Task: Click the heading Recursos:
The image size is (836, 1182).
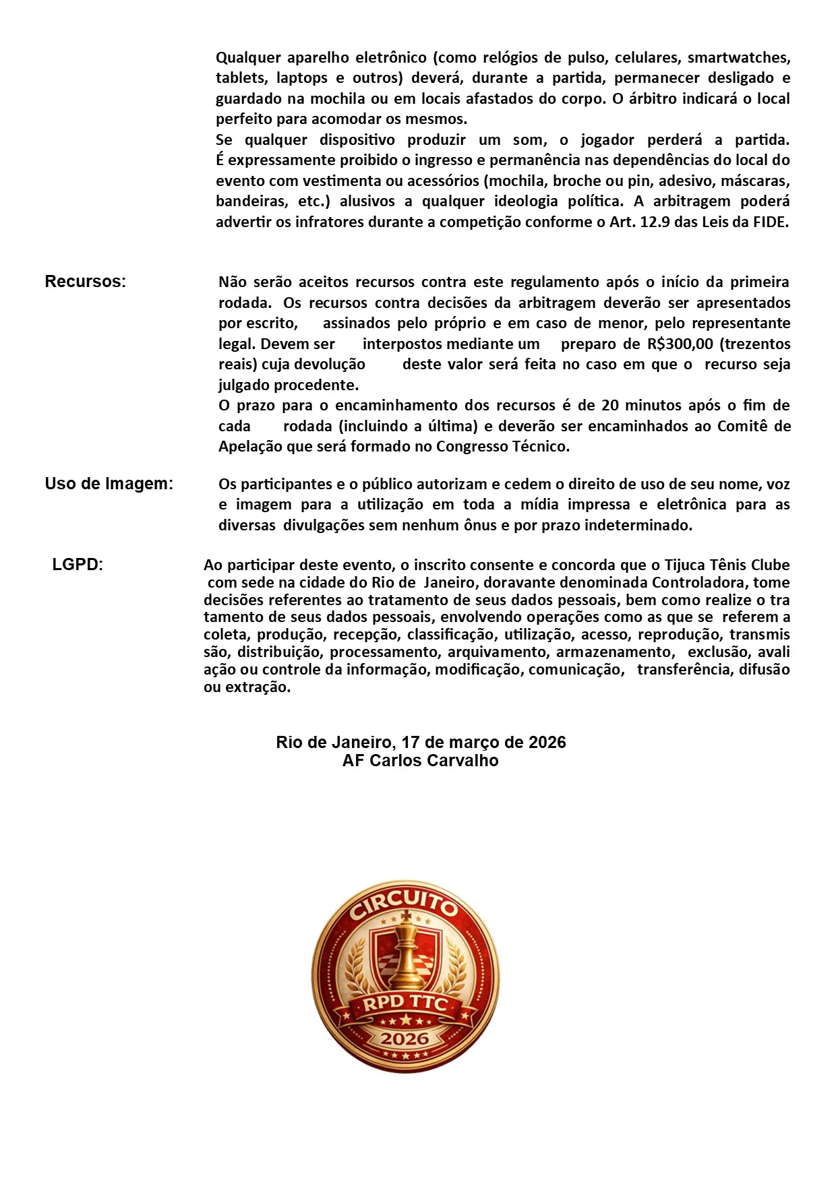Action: [x=85, y=282]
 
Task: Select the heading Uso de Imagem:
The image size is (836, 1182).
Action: [x=109, y=484]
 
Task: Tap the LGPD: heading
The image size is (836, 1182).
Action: [x=78, y=565]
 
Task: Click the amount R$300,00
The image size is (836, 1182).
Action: [x=680, y=344]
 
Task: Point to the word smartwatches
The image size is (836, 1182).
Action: [x=738, y=58]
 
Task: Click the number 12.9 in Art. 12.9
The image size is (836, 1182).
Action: [x=654, y=222]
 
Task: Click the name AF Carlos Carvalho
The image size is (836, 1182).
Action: [x=420, y=761]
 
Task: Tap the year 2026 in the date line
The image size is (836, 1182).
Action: [x=547, y=743]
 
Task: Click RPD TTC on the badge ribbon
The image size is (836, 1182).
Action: [x=405, y=1003]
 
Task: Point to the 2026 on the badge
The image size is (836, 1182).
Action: [x=405, y=1038]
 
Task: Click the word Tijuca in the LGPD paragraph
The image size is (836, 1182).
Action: [x=685, y=565]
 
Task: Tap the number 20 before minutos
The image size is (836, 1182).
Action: [x=609, y=406]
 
